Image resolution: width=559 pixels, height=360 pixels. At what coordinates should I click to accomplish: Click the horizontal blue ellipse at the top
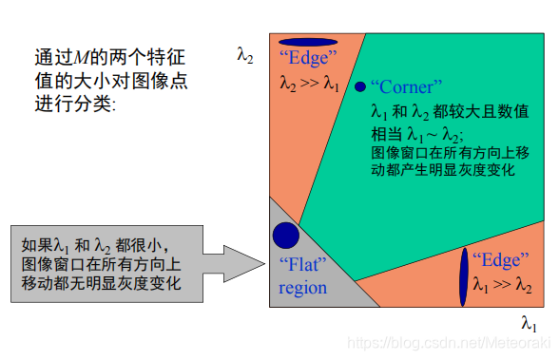click(307, 42)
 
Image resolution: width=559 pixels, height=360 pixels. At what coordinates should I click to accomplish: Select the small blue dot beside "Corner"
click(359, 86)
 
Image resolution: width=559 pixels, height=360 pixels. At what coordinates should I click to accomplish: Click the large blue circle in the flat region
click(286, 236)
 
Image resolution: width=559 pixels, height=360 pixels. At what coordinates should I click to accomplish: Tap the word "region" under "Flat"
click(302, 288)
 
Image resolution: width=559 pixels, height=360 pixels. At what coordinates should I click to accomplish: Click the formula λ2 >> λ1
click(309, 84)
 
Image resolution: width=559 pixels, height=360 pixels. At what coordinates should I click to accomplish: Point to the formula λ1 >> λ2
click(502, 284)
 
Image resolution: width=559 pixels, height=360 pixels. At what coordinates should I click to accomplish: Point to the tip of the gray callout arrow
click(267, 257)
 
